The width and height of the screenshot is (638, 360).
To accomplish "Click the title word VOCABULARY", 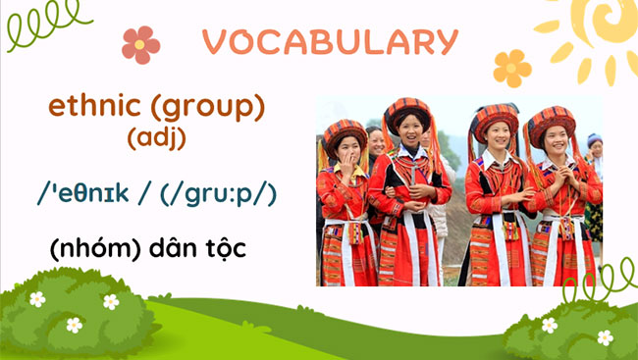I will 330,41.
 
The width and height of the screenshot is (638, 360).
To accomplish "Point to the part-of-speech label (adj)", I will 157,137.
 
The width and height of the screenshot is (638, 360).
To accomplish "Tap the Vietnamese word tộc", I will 222,248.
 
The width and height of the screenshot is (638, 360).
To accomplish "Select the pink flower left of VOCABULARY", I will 140,44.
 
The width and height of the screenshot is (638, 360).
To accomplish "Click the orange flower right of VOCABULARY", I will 511,68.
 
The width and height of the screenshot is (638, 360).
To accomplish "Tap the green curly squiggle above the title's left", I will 44,25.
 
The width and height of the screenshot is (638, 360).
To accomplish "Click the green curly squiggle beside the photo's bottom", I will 599,284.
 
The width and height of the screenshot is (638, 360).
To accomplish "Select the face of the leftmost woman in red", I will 347,148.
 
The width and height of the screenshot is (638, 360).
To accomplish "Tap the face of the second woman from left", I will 409,128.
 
